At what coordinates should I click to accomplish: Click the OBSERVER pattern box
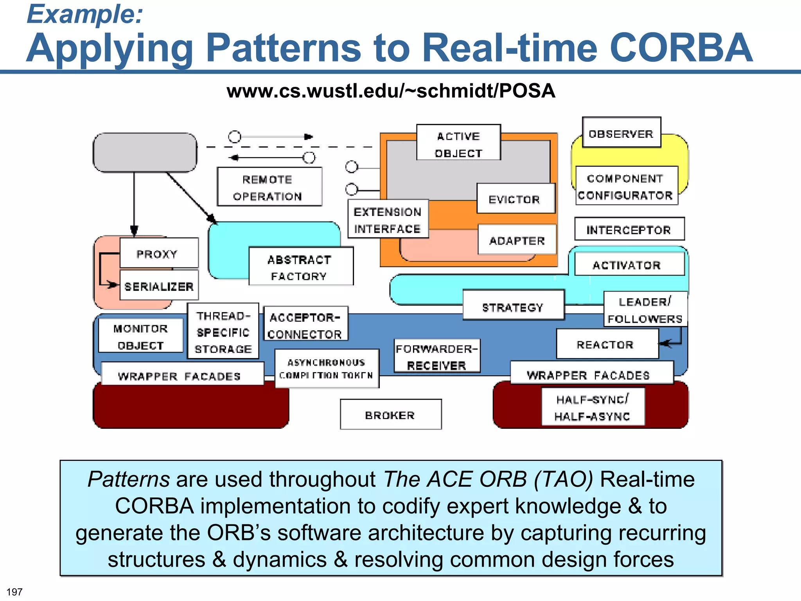click(621, 133)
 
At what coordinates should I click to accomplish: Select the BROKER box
click(390, 414)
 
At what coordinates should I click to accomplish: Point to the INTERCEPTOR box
click(629, 229)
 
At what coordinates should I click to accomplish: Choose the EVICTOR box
click(515, 198)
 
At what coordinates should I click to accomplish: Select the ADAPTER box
click(517, 239)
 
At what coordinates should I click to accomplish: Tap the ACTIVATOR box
click(629, 264)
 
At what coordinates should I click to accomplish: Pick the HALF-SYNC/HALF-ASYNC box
click(593, 407)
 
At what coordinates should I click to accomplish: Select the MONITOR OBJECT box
click(140, 336)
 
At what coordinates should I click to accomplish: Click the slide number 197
click(14, 592)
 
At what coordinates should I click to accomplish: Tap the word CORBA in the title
click(681, 48)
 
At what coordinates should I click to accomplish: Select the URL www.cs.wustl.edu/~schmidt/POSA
click(390, 91)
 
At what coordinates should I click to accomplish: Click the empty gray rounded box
click(145, 152)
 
